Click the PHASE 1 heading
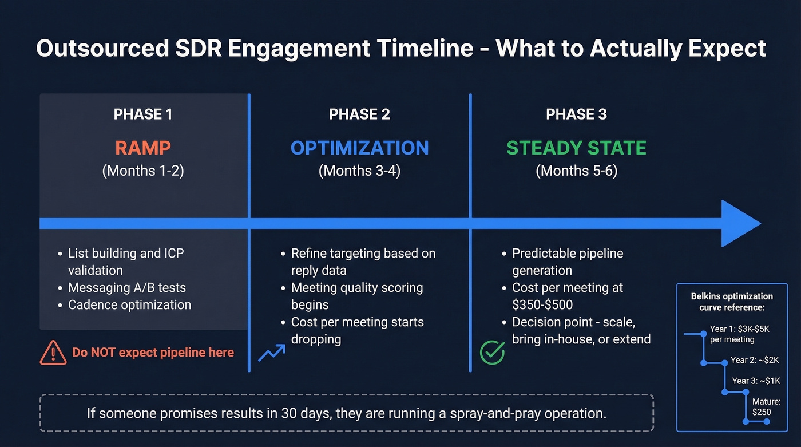click(142, 114)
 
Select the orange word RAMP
click(142, 148)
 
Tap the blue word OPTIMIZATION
click(359, 148)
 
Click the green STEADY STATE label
click(576, 148)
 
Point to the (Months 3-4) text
click(359, 171)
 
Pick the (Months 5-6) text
click(576, 171)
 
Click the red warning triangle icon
click(53, 353)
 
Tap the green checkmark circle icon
click(492, 353)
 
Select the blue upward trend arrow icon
click(271, 353)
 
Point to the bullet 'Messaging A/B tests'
click(127, 287)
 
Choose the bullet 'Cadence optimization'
click(129, 304)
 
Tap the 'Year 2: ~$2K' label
click(755, 361)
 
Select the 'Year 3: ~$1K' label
click(756, 381)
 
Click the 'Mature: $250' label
click(766, 407)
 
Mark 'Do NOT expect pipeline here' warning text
click(153, 353)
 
